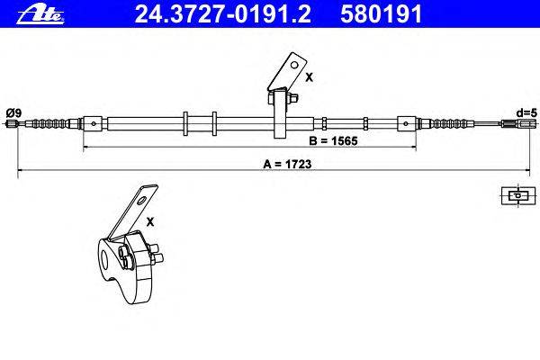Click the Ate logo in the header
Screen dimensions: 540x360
(x=40, y=15)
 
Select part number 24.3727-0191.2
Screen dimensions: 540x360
(x=222, y=14)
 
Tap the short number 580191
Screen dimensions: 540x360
(x=381, y=14)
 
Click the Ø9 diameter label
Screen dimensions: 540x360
(x=13, y=112)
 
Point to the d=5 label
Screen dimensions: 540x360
(x=526, y=112)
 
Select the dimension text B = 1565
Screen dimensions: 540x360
(x=333, y=140)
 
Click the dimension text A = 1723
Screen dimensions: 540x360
(x=287, y=164)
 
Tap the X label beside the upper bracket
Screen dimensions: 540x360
(x=310, y=78)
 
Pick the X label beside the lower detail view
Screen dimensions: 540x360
(x=150, y=222)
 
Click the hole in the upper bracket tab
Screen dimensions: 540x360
(x=294, y=65)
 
